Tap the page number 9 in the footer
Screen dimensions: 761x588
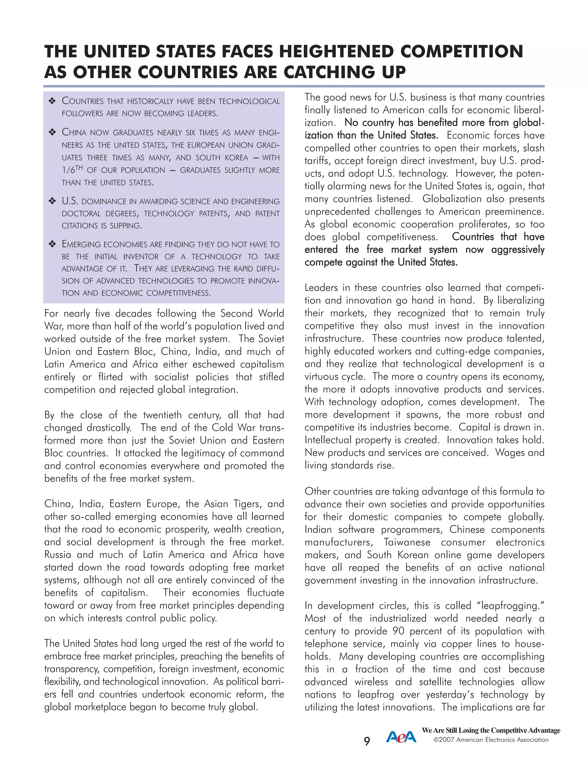[x=367, y=741]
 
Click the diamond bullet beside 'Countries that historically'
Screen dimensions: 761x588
[x=52, y=101]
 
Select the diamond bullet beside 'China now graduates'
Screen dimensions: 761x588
[x=52, y=132]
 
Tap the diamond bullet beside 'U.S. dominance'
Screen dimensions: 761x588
[x=52, y=201]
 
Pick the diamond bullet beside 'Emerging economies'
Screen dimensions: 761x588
[x=52, y=244]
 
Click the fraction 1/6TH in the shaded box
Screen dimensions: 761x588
[x=72, y=170]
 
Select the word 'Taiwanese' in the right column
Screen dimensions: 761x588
[x=407, y=542]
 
